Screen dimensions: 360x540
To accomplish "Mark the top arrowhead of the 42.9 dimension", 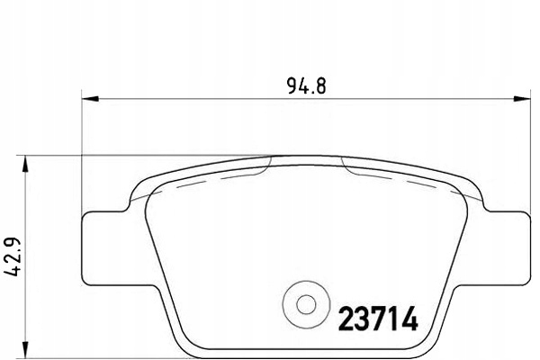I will click(24, 161).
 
